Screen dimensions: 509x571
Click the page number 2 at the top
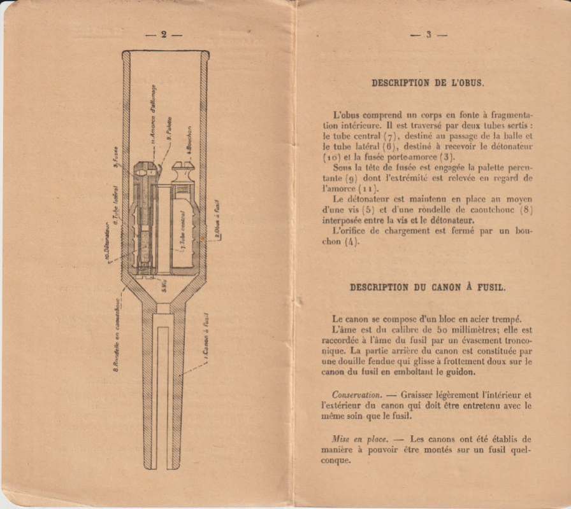point(163,35)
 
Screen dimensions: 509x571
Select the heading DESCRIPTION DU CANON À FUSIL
point(428,287)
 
